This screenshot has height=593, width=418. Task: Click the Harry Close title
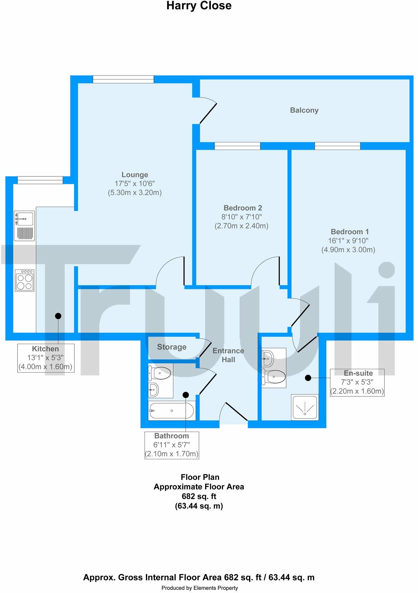point(199,6)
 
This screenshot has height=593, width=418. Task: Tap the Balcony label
point(304,110)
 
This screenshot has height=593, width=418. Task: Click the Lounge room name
point(135,175)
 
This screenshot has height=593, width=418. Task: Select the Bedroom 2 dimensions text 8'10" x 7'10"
point(241,217)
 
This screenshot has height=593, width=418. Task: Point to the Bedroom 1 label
point(349,232)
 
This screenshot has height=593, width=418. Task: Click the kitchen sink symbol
point(24,225)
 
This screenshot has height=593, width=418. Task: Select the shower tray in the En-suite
point(305,407)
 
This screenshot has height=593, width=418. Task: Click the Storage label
point(172,347)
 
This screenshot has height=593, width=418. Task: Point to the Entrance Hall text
point(228,355)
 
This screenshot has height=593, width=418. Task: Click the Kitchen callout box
point(46,358)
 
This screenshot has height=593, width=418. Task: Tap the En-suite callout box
point(357,382)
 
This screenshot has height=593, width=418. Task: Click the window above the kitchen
point(40,180)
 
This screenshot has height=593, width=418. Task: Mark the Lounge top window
point(123,79)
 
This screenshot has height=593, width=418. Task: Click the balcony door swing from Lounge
point(208,111)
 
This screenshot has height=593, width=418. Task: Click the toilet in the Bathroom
point(160,373)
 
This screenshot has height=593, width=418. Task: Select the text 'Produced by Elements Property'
point(199,588)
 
